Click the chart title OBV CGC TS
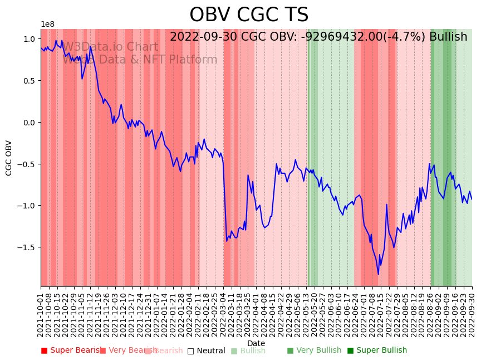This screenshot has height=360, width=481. pyautogui.click(x=248, y=15)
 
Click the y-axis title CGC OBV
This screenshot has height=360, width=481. pyautogui.click(x=9, y=158)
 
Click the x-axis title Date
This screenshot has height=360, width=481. pyautogui.click(x=256, y=344)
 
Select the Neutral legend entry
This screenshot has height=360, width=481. pyautogui.click(x=206, y=351)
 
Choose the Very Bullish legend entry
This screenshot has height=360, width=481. pyautogui.click(x=314, y=351)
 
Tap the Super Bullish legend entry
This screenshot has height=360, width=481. pyautogui.click(x=377, y=351)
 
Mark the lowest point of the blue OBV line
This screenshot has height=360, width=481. pyautogui.click(x=378, y=274)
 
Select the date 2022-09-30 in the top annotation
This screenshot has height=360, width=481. pyautogui.click(x=204, y=37)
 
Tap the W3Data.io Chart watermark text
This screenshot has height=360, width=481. pyautogui.click(x=110, y=47)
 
